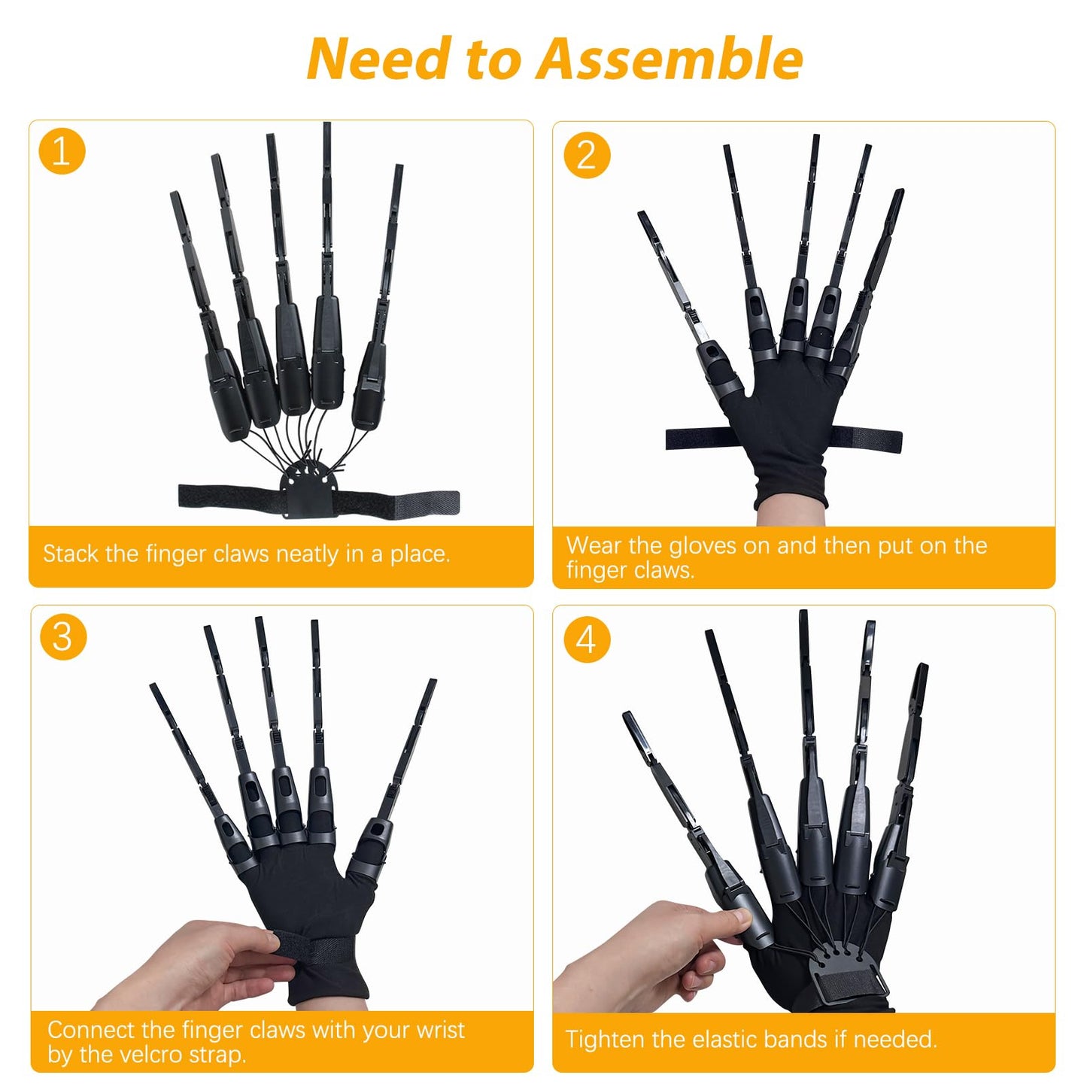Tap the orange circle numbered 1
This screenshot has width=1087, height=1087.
62,151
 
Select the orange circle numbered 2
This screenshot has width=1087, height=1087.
587,155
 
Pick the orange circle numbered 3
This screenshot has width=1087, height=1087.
62,637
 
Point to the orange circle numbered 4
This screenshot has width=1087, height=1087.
587,640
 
